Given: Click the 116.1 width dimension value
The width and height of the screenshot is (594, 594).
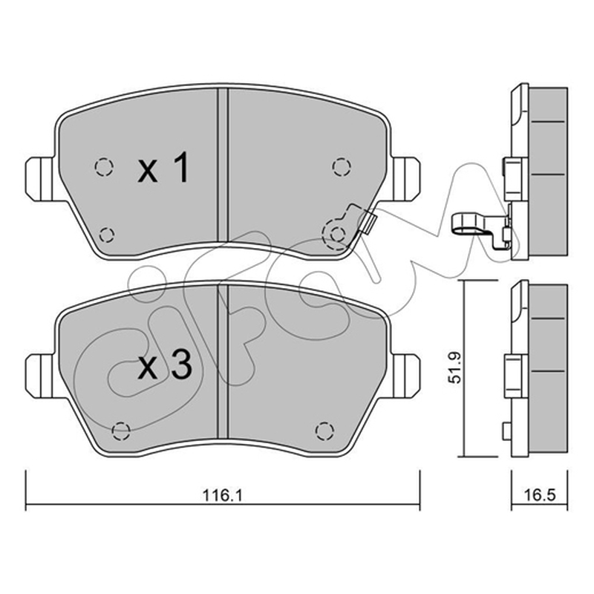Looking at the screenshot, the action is pos(222,495).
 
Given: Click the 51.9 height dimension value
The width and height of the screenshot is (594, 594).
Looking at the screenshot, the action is pos(454,368).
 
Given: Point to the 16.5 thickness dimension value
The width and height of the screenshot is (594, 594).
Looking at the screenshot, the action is pos(541,495).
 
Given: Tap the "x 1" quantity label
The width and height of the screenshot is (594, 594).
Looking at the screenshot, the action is pos(163,168).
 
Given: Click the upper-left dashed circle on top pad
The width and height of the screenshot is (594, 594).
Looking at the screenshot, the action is pos(104,166).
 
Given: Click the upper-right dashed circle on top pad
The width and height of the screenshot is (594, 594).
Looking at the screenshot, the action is pos(342,167).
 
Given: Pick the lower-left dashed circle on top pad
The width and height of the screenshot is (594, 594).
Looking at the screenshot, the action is pos(106,235).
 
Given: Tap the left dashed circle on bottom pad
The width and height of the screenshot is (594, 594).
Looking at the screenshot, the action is pos(122,431).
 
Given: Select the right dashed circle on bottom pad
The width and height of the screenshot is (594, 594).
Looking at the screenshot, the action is pos(324,431).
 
